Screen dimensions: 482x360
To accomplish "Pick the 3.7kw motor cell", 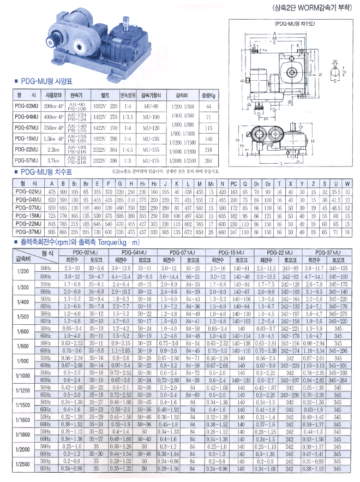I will [x=53, y=160].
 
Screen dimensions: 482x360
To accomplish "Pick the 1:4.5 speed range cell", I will [x=127, y=149].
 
